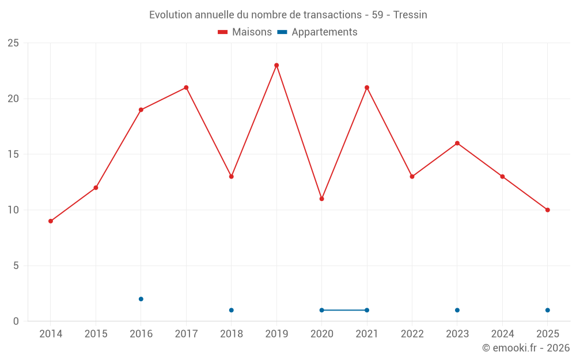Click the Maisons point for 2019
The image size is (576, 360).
276,65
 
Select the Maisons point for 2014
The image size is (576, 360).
51,221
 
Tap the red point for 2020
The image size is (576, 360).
321,199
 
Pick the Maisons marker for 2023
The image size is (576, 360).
457,143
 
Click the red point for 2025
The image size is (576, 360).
548,210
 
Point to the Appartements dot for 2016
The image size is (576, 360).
141,299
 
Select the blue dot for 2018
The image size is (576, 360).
231,310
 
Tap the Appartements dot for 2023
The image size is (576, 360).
457,310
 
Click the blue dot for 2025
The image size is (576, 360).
548,310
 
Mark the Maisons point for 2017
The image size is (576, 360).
186,88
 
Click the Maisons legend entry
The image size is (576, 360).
245,32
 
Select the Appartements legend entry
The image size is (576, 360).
317,32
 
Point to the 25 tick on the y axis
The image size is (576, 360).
13,43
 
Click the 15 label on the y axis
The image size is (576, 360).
13,154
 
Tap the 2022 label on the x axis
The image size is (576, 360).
412,334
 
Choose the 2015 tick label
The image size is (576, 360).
96,334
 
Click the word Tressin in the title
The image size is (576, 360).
410,15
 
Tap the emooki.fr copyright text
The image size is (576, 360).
526,348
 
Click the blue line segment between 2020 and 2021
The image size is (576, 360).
344,310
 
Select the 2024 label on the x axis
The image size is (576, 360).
502,334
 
